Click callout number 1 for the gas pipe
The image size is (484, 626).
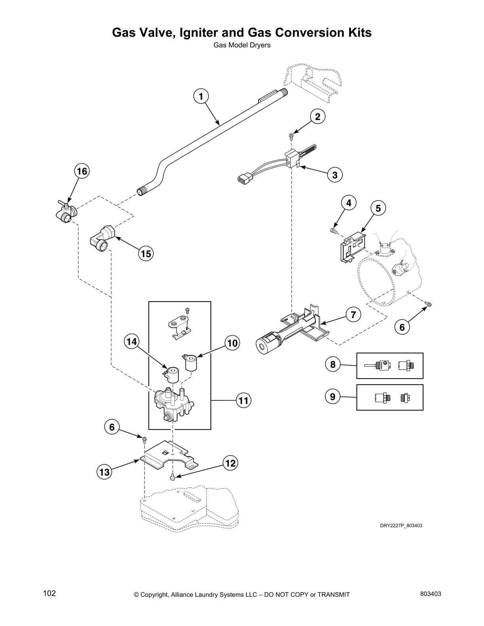[201, 96]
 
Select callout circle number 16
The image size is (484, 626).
[82, 172]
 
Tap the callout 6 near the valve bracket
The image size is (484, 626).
[112, 427]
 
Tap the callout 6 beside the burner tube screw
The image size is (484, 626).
[402, 327]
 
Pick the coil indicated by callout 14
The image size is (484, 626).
[172, 374]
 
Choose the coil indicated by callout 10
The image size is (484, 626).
[191, 362]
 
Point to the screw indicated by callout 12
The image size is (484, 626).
[173, 477]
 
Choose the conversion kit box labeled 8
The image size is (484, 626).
[390, 366]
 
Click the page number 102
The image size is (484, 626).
[49, 594]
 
